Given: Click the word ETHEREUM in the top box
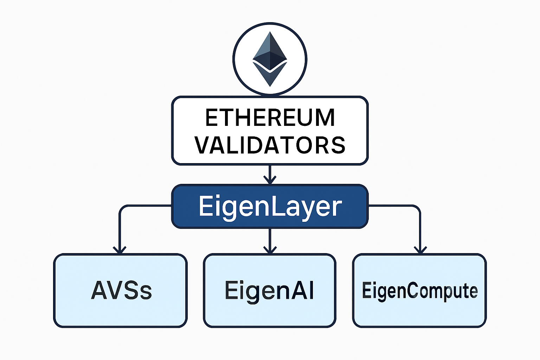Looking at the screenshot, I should pyautogui.click(x=270, y=117).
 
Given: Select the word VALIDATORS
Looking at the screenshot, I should pyautogui.click(x=270, y=145).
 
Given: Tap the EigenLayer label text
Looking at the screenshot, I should pyautogui.click(x=270, y=207).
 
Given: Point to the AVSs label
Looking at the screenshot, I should pyautogui.click(x=121, y=290).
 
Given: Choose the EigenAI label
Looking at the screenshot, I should pyautogui.click(x=270, y=290).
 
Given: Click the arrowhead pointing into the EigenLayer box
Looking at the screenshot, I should pyautogui.click(x=270, y=180).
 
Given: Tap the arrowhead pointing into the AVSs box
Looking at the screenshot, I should pyautogui.click(x=120, y=250).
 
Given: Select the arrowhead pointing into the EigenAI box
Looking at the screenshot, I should pyautogui.click(x=270, y=250).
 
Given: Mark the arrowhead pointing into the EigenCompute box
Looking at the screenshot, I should pyautogui.click(x=420, y=250).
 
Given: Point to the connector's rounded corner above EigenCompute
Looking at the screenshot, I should pyautogui.click(x=417, y=208).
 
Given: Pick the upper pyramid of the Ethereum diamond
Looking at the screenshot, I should pyautogui.click(x=270, y=51).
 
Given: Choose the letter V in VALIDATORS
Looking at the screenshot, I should pyautogui.click(x=203, y=145).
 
